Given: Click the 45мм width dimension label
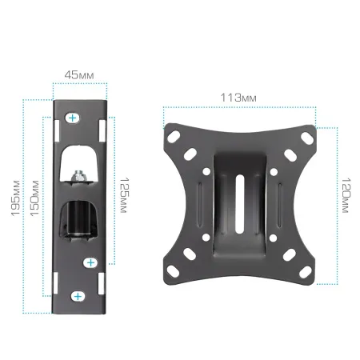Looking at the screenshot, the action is (79, 75).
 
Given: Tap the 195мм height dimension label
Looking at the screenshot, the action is (15, 198).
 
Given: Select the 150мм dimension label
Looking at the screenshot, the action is (34, 198).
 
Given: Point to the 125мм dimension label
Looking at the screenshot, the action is (123, 195).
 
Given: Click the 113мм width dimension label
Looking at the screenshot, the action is (238, 98).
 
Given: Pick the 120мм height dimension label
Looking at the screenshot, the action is (346, 195).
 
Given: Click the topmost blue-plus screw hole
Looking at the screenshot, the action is (72, 118).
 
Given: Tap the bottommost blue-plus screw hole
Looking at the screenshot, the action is (78, 296).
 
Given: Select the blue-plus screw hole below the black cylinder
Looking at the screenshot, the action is (90, 263).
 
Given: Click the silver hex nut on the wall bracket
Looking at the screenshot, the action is (78, 176).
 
